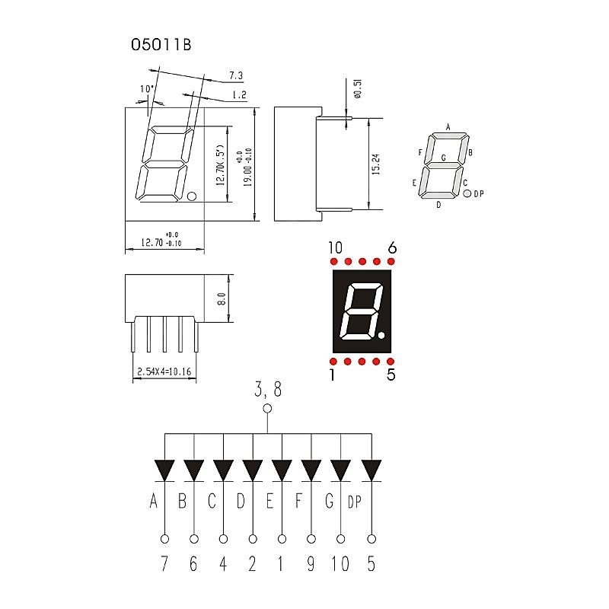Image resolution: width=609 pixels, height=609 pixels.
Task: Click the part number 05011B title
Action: tap(161, 45)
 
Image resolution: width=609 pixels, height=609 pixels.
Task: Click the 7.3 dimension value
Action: tap(235, 75)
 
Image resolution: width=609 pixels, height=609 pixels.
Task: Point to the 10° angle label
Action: tap(147, 89)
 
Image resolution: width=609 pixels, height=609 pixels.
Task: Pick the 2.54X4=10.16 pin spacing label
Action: tap(164, 372)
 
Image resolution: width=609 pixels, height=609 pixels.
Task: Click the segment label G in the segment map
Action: tap(443, 158)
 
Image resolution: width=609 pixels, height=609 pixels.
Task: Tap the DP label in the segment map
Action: tap(479, 194)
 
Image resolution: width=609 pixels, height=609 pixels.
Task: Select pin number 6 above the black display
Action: tap(392, 247)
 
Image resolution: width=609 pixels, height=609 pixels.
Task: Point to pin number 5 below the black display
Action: tap(391, 374)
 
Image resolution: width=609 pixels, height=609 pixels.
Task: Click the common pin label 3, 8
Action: tap(267, 391)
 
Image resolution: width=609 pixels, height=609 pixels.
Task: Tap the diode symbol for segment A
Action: tap(164, 470)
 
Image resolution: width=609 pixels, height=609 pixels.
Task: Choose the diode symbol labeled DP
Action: tap(371, 470)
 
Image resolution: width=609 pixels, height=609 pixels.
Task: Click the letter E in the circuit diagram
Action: tap(271, 501)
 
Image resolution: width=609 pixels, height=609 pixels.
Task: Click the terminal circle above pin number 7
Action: tap(164, 539)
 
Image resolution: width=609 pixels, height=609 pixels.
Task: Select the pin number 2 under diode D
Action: tap(253, 564)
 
